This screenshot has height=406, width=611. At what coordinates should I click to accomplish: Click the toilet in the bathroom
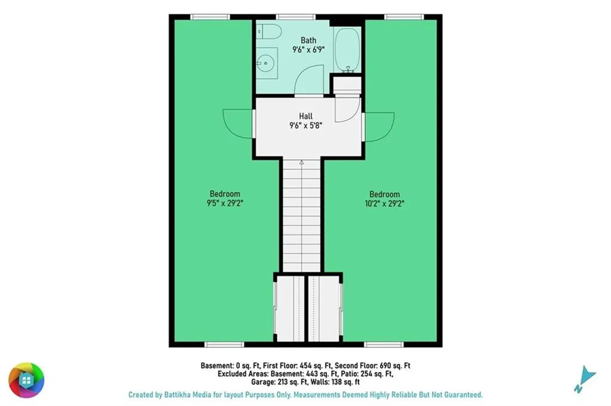click(x=269, y=32)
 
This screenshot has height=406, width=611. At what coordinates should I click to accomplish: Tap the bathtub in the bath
click(x=348, y=49)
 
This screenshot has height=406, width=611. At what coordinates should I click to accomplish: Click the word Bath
click(x=308, y=40)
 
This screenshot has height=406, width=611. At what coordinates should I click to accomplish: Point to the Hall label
click(x=306, y=116)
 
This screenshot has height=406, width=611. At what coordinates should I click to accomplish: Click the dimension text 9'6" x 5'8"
click(x=306, y=125)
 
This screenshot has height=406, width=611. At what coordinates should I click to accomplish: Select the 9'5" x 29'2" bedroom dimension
click(x=225, y=203)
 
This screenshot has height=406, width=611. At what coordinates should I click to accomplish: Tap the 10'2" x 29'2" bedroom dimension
click(x=385, y=203)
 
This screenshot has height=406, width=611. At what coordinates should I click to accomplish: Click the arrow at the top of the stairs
click(x=301, y=162)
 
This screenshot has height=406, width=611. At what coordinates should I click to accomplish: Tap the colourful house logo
click(x=26, y=380)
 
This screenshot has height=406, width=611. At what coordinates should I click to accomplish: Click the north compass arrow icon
click(x=585, y=379)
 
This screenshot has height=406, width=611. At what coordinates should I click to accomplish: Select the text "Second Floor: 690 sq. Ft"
click(x=372, y=365)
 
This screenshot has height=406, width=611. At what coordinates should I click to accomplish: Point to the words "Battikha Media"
click(x=187, y=395)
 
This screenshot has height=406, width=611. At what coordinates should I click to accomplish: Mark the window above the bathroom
click(x=296, y=17)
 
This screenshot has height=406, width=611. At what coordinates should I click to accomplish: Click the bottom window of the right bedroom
click(x=384, y=345)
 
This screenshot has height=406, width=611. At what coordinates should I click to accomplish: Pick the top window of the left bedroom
click(x=210, y=17)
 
